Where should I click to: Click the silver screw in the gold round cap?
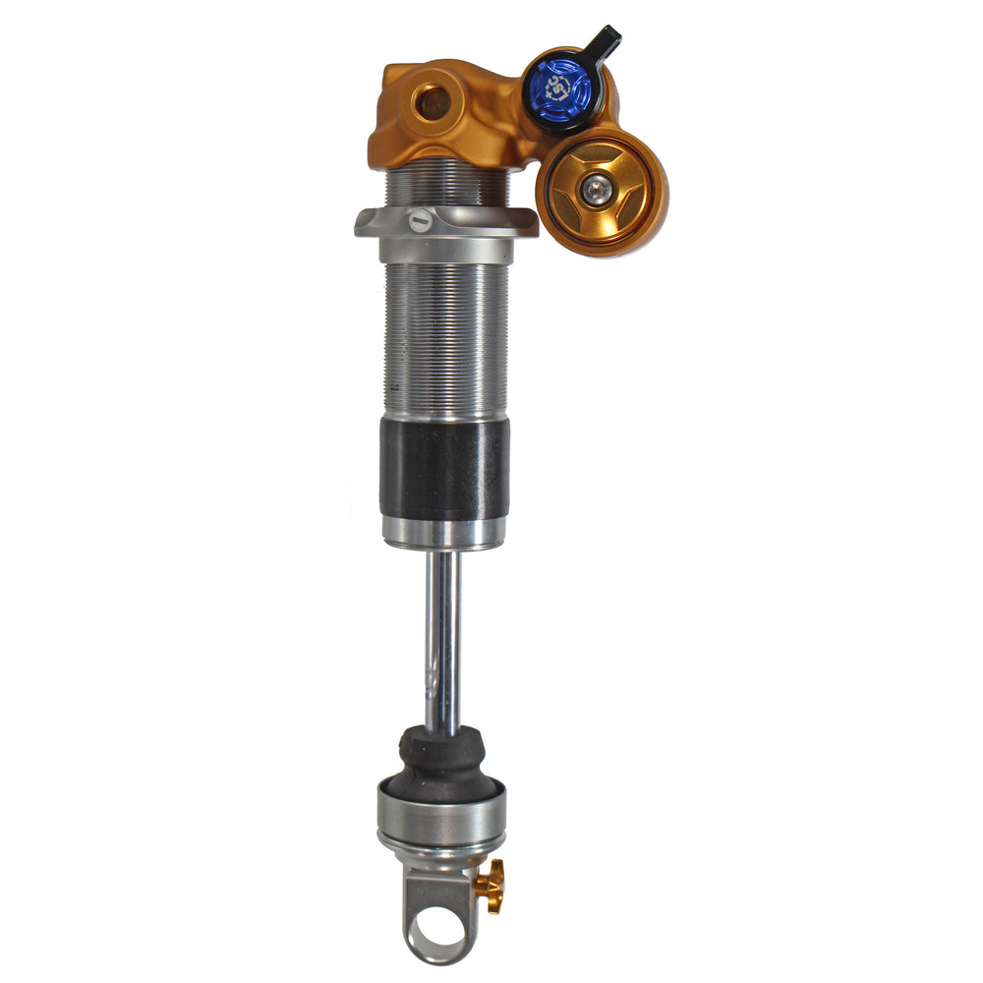click(x=596, y=191)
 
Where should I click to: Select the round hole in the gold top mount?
click(x=430, y=101)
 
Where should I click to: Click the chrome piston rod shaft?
click(x=442, y=639)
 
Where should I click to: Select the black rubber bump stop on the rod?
click(x=442, y=762)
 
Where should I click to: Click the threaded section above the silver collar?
click(x=447, y=187)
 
